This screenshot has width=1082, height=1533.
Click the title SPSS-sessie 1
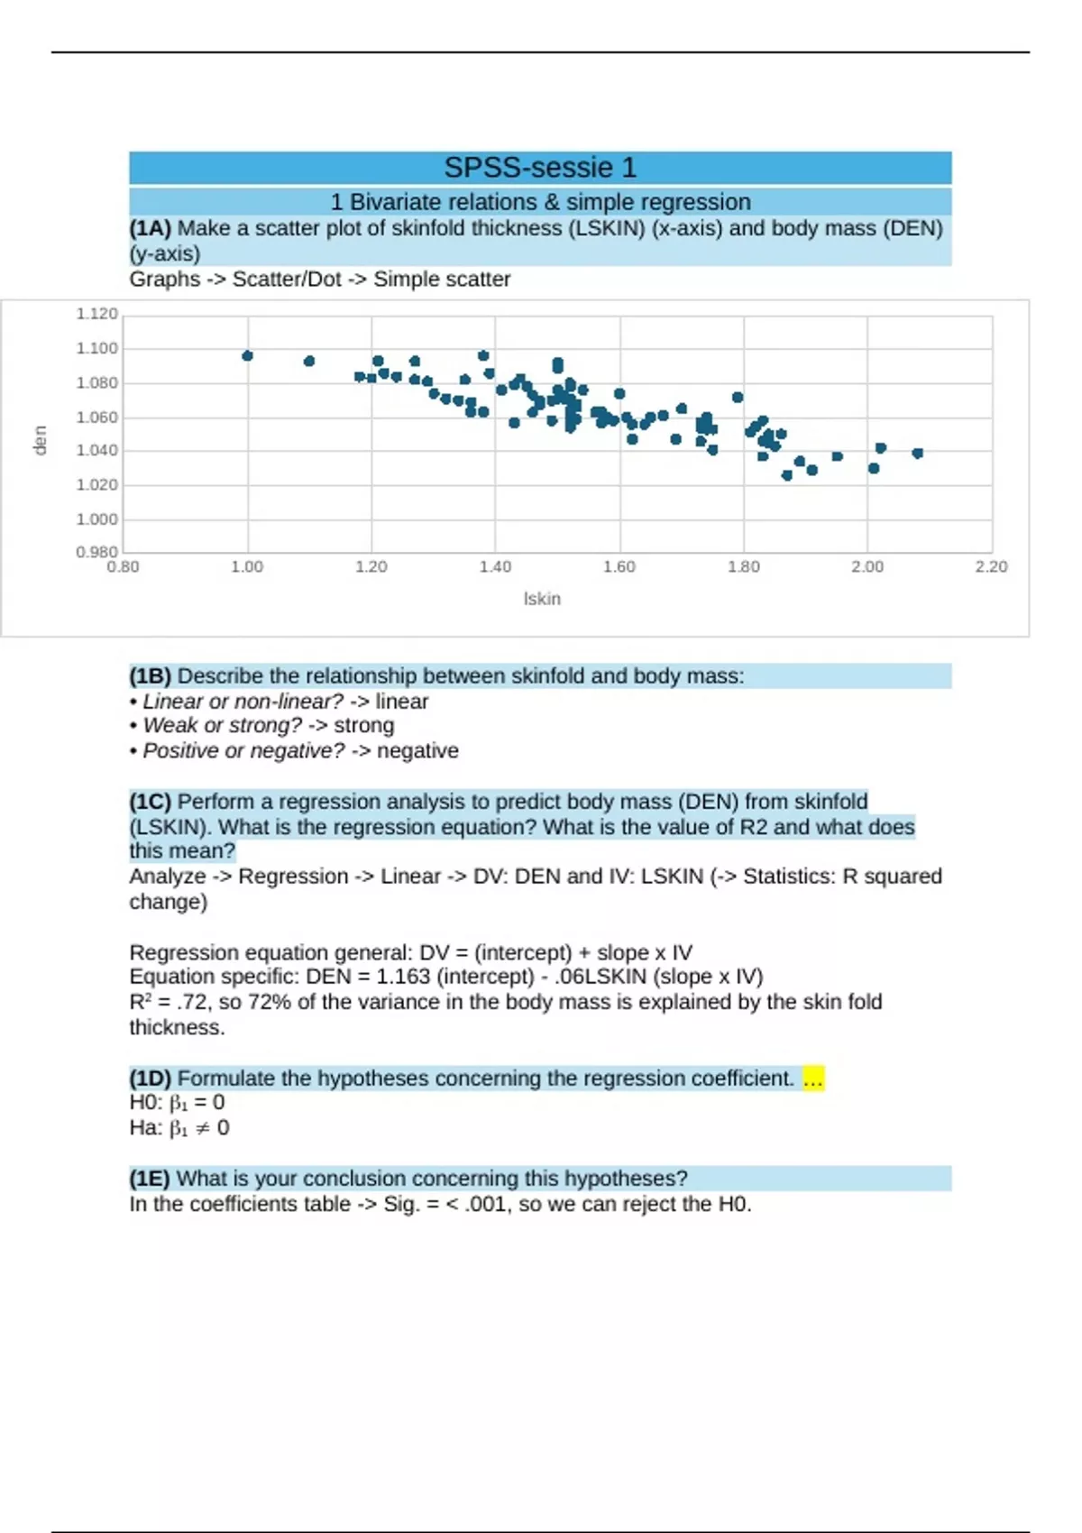point(540,168)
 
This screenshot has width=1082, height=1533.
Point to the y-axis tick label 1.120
point(96,314)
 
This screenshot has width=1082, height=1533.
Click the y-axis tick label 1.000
point(96,519)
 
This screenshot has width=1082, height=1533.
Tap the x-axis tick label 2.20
point(991,567)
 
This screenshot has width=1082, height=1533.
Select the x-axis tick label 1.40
point(495,567)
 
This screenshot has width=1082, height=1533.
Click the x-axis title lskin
point(542,599)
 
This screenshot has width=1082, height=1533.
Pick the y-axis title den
point(40,441)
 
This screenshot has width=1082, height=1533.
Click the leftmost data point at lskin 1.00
point(248,356)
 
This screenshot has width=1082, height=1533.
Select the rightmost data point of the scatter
point(918,454)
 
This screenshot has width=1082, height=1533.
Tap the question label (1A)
point(150,228)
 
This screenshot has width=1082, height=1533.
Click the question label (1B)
point(150,676)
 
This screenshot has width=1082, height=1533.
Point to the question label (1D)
point(150,1079)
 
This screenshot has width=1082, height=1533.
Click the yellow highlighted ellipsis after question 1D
point(812,1079)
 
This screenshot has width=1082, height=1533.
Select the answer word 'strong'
point(363,726)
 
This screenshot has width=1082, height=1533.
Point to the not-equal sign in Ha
point(203,1128)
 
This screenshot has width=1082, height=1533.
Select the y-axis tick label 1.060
point(96,418)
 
